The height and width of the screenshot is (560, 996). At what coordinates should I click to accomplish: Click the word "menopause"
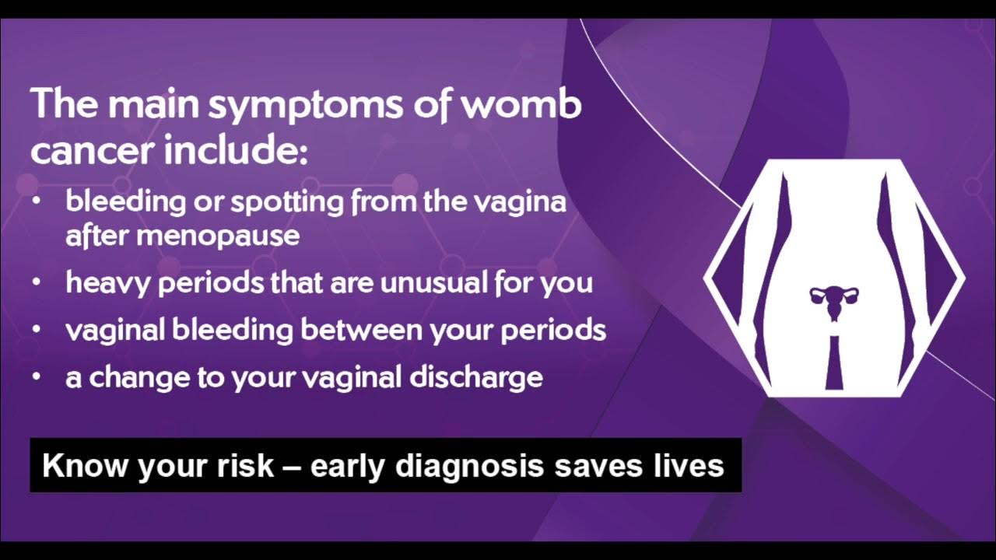[219, 236]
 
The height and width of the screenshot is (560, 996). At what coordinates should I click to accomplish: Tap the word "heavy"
[109, 283]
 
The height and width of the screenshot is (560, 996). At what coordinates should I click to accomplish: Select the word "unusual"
[429, 282]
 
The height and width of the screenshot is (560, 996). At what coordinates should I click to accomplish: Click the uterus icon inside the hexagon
[834, 300]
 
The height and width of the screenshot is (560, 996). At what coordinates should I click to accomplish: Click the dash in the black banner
[293, 467]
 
